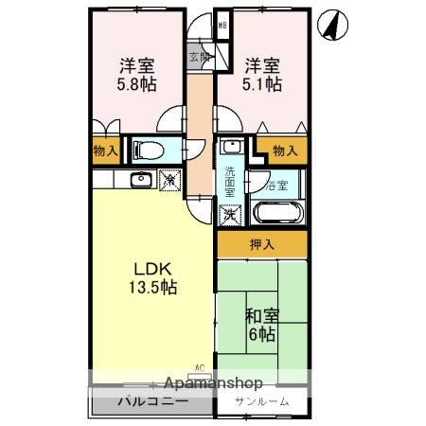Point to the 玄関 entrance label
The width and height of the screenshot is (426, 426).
(x=200, y=57)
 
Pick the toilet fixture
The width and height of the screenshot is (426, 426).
(x=147, y=150)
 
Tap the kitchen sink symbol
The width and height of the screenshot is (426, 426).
(x=140, y=179)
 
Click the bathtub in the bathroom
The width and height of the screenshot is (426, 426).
(x=278, y=212)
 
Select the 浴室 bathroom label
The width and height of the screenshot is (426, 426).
(x=277, y=185)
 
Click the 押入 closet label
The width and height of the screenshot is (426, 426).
(x=261, y=245)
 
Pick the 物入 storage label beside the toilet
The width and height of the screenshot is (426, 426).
(x=105, y=150)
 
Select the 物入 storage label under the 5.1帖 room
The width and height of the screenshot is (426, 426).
(x=284, y=150)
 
